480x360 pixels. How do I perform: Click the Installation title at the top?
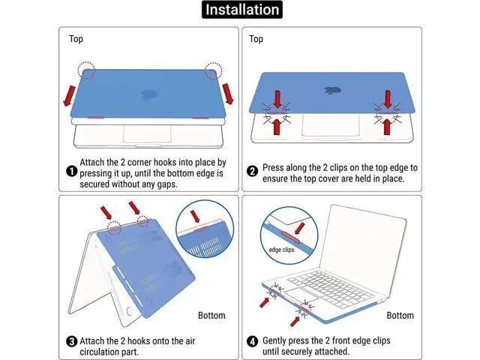(241, 10)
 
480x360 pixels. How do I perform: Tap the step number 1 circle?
(71, 171)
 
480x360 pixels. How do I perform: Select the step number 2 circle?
(252, 171)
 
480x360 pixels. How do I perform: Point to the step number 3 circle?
(72, 341)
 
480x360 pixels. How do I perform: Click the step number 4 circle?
(252, 341)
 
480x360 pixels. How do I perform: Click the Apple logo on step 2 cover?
(332, 90)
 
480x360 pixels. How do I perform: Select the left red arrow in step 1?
(69, 96)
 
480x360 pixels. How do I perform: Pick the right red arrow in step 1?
(228, 94)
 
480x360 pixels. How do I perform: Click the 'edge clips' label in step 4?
(281, 250)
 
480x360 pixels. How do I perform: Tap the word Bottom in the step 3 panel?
(211, 315)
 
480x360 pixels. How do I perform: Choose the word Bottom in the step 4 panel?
(400, 315)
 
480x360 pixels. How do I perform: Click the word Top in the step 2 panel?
(256, 39)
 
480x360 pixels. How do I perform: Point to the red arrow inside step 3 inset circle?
(195, 216)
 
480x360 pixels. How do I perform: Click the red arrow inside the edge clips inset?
(299, 229)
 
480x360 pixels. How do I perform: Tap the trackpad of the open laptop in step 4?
(301, 295)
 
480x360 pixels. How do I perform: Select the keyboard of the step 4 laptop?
(331, 288)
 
